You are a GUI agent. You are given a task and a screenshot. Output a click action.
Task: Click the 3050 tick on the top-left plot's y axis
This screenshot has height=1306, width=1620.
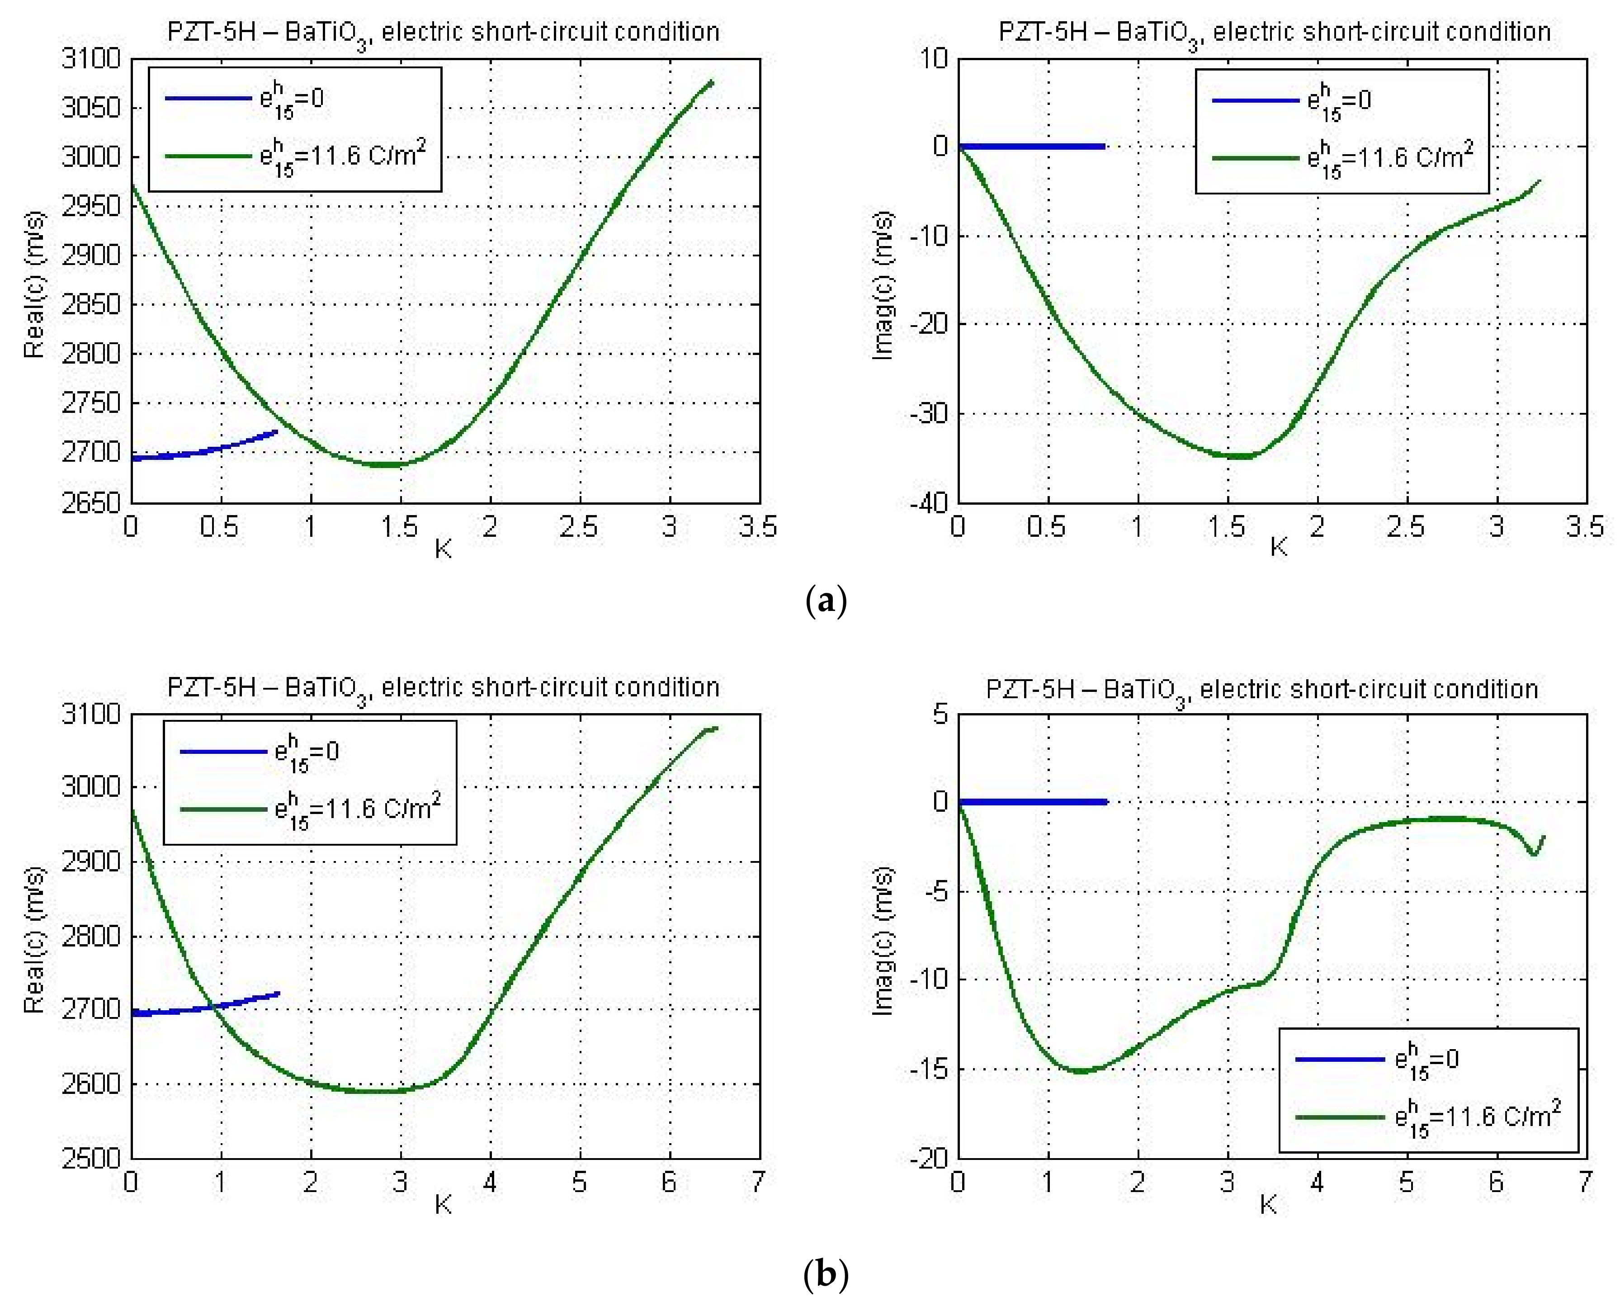click(x=91, y=108)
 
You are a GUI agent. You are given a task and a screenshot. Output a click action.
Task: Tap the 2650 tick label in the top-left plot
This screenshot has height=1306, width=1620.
click(x=91, y=502)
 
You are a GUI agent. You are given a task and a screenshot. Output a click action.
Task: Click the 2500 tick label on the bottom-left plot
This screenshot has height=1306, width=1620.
click(x=91, y=1158)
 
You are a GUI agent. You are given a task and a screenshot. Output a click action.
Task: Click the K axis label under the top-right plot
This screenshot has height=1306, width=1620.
click(x=1279, y=548)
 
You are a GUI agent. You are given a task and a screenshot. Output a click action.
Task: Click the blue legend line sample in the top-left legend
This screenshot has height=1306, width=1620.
click(x=208, y=98)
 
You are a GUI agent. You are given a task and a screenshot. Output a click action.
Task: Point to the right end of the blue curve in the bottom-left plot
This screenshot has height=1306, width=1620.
click(x=278, y=994)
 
